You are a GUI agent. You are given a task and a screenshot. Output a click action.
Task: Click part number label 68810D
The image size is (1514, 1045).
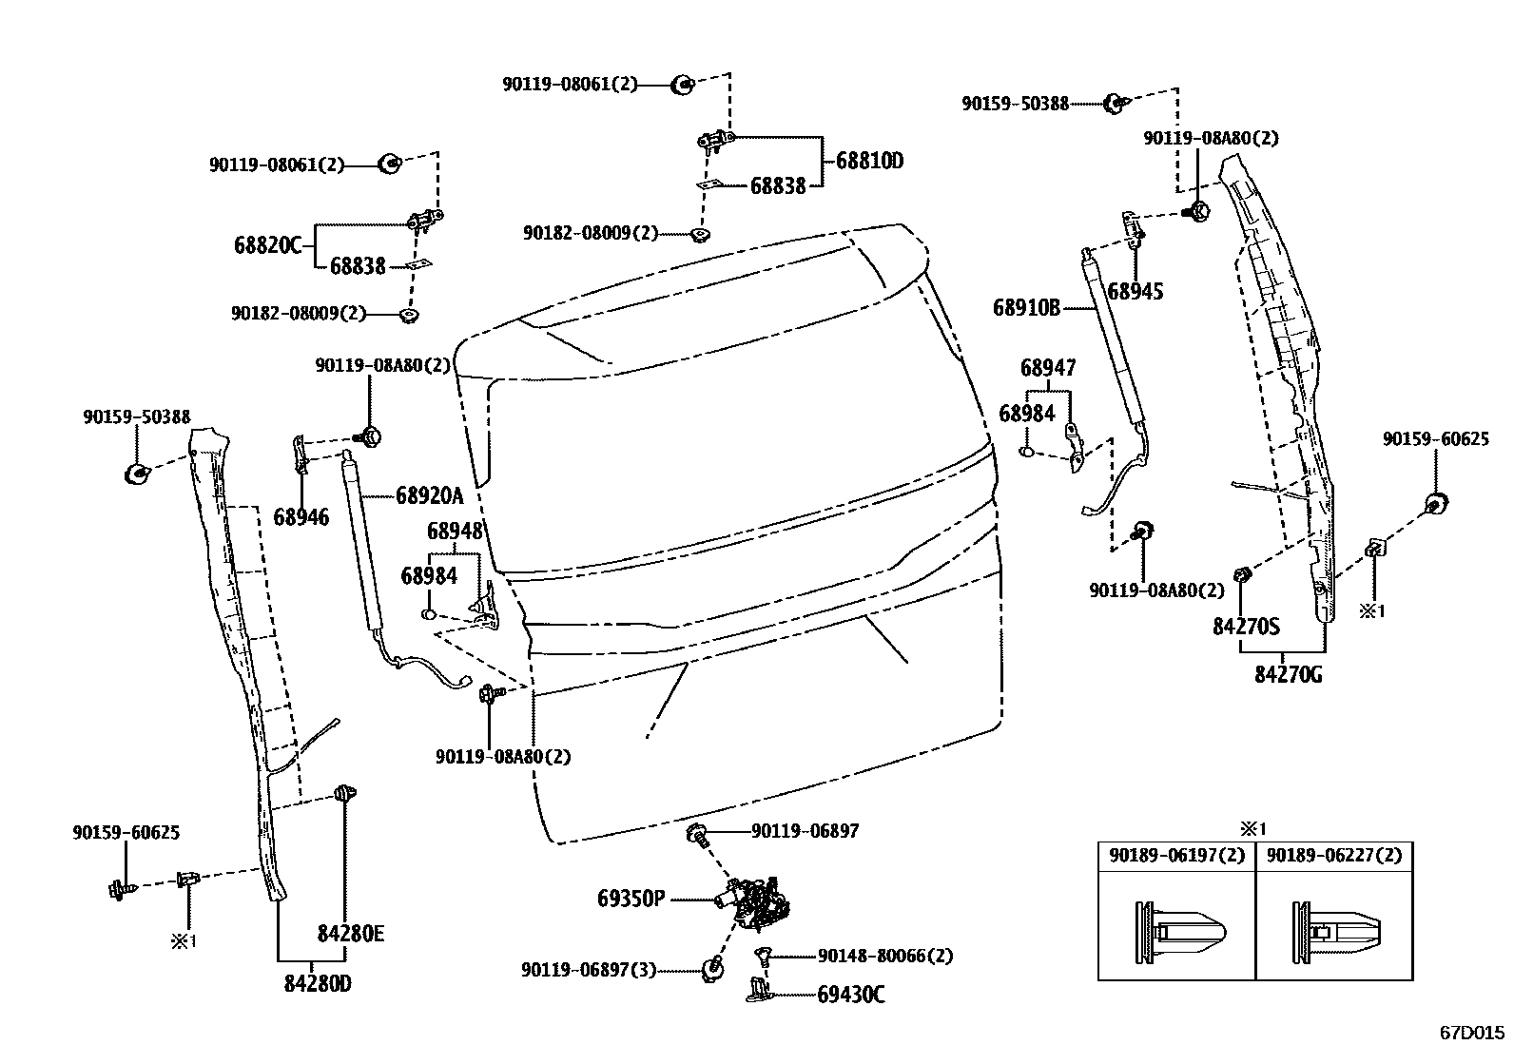pyautogui.click(x=869, y=161)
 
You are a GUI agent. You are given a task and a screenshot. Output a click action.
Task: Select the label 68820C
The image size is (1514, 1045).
pyautogui.click(x=267, y=245)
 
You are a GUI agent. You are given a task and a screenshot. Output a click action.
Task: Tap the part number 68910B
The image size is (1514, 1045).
pyautogui.click(x=1026, y=307)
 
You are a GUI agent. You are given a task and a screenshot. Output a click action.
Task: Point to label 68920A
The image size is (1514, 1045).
pyautogui.click(x=429, y=495)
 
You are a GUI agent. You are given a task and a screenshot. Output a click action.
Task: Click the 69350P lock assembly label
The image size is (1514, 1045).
pyautogui.click(x=631, y=898)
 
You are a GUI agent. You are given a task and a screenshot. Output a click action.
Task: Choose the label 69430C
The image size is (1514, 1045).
pyautogui.click(x=851, y=995)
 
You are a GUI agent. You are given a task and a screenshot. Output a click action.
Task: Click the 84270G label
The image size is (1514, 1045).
pyautogui.click(x=1289, y=674)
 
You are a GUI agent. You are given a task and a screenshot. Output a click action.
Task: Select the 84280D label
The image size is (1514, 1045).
pyautogui.click(x=318, y=984)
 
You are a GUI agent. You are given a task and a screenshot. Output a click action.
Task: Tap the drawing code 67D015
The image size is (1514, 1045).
pyautogui.click(x=1472, y=1032)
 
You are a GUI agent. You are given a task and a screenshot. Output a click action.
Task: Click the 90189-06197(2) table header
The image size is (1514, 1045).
pyautogui.click(x=1176, y=855)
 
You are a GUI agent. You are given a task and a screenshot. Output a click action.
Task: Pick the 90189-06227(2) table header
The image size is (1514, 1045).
pyautogui.click(x=1334, y=855)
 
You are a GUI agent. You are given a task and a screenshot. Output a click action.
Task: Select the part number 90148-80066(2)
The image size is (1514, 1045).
pyautogui.click(x=885, y=956)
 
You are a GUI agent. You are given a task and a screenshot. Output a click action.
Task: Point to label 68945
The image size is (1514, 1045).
pyautogui.click(x=1135, y=292)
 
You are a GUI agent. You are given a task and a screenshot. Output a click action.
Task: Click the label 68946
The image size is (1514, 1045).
pyautogui.click(x=301, y=517)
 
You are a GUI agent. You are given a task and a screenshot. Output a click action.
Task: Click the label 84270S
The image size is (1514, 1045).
pyautogui.click(x=1246, y=628)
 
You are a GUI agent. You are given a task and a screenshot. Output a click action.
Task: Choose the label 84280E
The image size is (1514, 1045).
pyautogui.click(x=351, y=934)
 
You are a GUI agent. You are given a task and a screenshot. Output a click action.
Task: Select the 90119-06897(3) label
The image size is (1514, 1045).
pyautogui.click(x=589, y=969)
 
